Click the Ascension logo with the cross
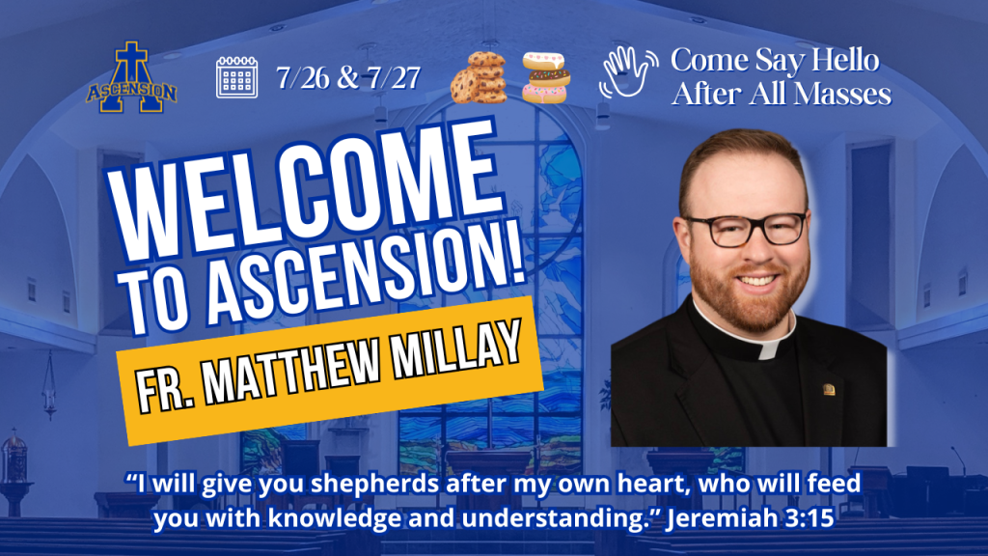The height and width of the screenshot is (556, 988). click(x=131, y=78)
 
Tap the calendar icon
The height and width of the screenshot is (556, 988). click(x=237, y=77)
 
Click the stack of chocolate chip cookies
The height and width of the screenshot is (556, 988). click(x=479, y=78)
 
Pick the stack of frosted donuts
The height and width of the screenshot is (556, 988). click(x=546, y=78)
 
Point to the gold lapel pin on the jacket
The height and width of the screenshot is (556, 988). click(x=829, y=389)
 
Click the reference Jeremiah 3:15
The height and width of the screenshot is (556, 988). click(x=750, y=518)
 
